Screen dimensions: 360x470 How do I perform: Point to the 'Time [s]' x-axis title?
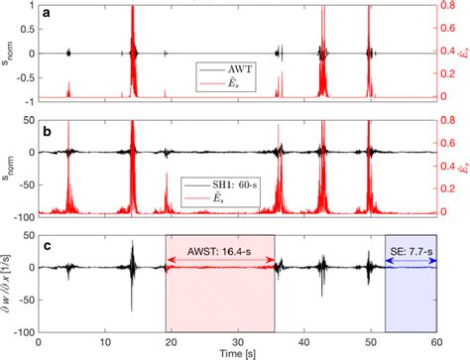pyautogui.click(x=236, y=352)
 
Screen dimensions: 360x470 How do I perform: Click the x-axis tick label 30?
pyautogui.click(x=237, y=339)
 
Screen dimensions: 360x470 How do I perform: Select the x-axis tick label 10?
pyautogui.click(x=104, y=339)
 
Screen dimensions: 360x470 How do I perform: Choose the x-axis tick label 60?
pyautogui.click(x=435, y=339)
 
